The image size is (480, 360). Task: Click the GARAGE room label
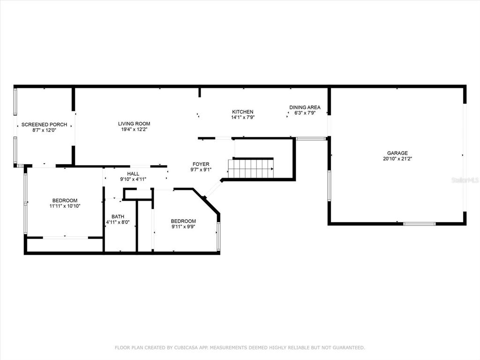click(x=397, y=153)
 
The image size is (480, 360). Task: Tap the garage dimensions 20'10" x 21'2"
click(x=397, y=158)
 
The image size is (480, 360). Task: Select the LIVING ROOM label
click(x=134, y=124)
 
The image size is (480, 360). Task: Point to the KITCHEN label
click(x=243, y=112)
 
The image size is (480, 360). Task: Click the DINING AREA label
click(x=305, y=107)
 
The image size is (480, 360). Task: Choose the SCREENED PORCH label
click(x=44, y=125)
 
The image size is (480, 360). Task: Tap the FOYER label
click(x=201, y=164)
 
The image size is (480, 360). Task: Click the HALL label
click(x=133, y=173)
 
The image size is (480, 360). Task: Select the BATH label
click(x=118, y=217)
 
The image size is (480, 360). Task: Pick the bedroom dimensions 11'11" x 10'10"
click(x=65, y=206)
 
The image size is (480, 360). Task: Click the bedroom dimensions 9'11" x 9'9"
click(x=183, y=226)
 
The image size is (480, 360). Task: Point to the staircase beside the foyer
click(x=251, y=168)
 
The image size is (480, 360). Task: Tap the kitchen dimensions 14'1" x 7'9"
click(x=243, y=117)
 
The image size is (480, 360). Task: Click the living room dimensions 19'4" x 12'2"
click(x=134, y=129)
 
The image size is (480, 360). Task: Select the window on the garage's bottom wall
click(x=420, y=224)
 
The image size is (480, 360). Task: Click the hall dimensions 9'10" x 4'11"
click(x=133, y=179)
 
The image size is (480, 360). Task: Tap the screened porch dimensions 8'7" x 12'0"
click(x=44, y=130)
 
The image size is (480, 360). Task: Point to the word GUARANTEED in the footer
click(x=349, y=347)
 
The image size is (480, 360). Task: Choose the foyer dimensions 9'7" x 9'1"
click(x=201, y=170)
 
